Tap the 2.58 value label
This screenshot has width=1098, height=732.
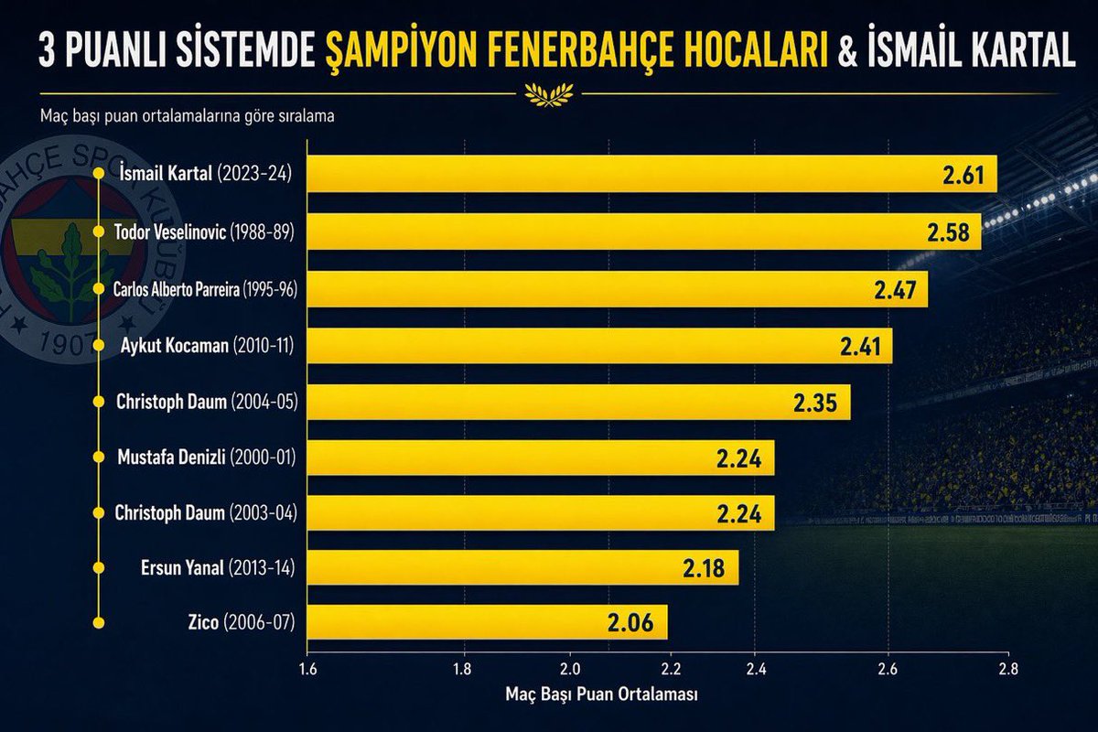(948, 232)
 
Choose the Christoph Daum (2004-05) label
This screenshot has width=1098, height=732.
(207, 402)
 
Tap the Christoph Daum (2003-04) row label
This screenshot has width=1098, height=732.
(206, 512)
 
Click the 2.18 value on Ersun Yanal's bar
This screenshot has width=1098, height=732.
(705, 569)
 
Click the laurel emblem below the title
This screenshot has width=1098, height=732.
(548, 92)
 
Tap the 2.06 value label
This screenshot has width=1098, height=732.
(631, 625)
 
